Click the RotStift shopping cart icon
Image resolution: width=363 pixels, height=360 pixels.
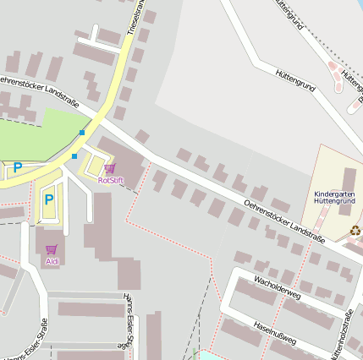click(110, 169)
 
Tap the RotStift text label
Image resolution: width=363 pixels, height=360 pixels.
click(111, 180)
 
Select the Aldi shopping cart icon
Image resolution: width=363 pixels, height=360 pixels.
click(52, 249)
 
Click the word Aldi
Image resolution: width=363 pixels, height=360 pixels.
click(52, 261)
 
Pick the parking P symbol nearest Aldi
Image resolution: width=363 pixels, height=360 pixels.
click(49, 200)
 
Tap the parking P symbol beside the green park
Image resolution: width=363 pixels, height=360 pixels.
click(16, 168)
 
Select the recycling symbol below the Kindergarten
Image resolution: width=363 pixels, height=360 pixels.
click(355, 229)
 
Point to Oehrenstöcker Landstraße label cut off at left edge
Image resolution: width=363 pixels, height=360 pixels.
click(38, 90)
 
